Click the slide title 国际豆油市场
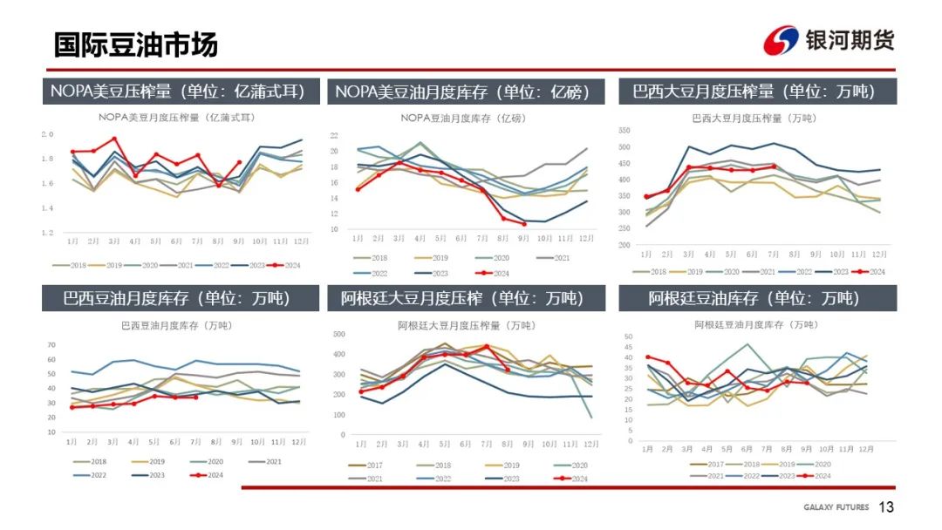(135, 44)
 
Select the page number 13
(886, 507)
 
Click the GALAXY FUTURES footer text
(836, 508)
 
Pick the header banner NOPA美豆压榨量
(177, 92)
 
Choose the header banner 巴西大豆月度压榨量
(754, 92)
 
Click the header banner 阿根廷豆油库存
(754, 298)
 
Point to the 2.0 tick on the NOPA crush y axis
(48, 134)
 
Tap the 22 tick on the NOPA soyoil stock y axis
(335, 135)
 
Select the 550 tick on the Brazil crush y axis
(624, 130)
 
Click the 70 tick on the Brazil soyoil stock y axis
(51, 345)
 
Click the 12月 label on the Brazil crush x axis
(879, 254)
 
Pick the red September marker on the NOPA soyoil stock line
(524, 224)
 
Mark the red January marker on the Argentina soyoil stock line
(647, 357)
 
